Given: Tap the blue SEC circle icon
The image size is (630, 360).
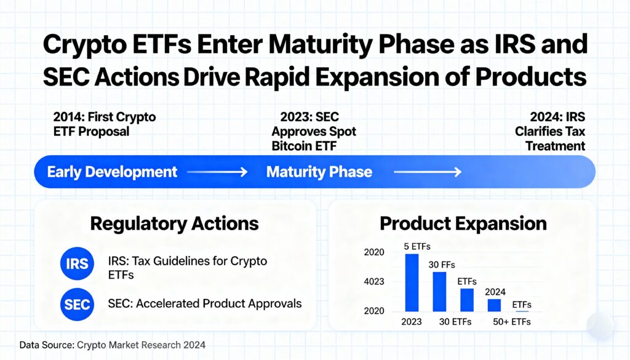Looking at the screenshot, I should pyautogui.click(x=77, y=303).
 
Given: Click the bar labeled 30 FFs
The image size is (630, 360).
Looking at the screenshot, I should pyautogui.click(x=439, y=291).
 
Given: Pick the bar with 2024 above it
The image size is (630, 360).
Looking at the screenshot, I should pyautogui.click(x=494, y=305).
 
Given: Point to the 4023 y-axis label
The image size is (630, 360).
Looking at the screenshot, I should pyautogui.click(x=374, y=282).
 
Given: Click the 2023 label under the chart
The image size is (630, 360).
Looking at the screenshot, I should pyautogui.click(x=412, y=321).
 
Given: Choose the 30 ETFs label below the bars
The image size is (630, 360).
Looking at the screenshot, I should pyautogui.click(x=456, y=321).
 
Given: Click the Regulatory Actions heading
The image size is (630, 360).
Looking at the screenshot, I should pyautogui.click(x=174, y=223).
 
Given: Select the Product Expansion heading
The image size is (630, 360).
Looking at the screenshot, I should pyautogui.click(x=463, y=223).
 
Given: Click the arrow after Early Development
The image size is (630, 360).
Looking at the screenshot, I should pyautogui.click(x=217, y=172).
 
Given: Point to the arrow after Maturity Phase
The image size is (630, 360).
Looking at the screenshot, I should pyautogui.click(x=427, y=172).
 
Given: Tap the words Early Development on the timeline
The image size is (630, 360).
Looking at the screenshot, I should pyautogui.click(x=112, y=172).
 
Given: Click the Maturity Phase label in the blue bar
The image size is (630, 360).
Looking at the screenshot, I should pyautogui.click(x=319, y=172).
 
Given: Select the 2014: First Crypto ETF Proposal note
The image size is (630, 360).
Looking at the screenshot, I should pyautogui.click(x=105, y=124).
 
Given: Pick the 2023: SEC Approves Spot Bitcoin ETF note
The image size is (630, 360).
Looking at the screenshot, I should pyautogui.click(x=314, y=131).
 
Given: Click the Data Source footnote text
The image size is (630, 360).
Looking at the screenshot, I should pyautogui.click(x=113, y=345).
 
